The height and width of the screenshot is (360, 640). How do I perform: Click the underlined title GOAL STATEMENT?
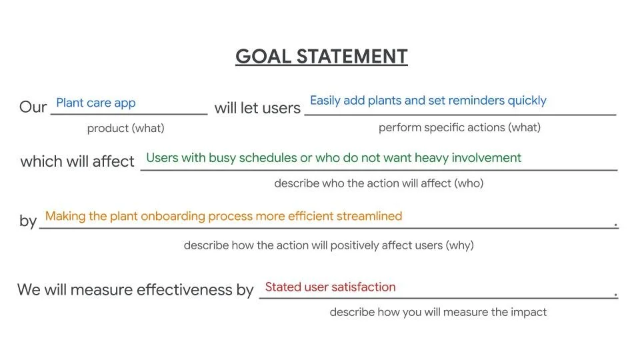321,57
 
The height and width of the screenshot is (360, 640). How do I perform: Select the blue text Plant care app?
95,103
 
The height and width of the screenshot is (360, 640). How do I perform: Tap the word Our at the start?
33,107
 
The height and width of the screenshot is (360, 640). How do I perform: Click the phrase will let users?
257,107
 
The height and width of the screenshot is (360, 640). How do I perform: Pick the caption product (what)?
125,128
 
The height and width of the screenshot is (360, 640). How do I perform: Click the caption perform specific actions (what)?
459,127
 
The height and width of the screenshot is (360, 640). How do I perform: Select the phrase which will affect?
77,161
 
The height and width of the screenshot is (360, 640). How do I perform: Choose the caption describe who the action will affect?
379,183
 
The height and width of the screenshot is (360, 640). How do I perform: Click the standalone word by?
27,221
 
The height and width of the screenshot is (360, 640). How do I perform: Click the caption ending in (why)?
328,245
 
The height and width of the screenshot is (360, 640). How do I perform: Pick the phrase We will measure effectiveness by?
135,290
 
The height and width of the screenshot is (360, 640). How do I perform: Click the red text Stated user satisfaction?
330,287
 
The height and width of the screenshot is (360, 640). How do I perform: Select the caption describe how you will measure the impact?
437,311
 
